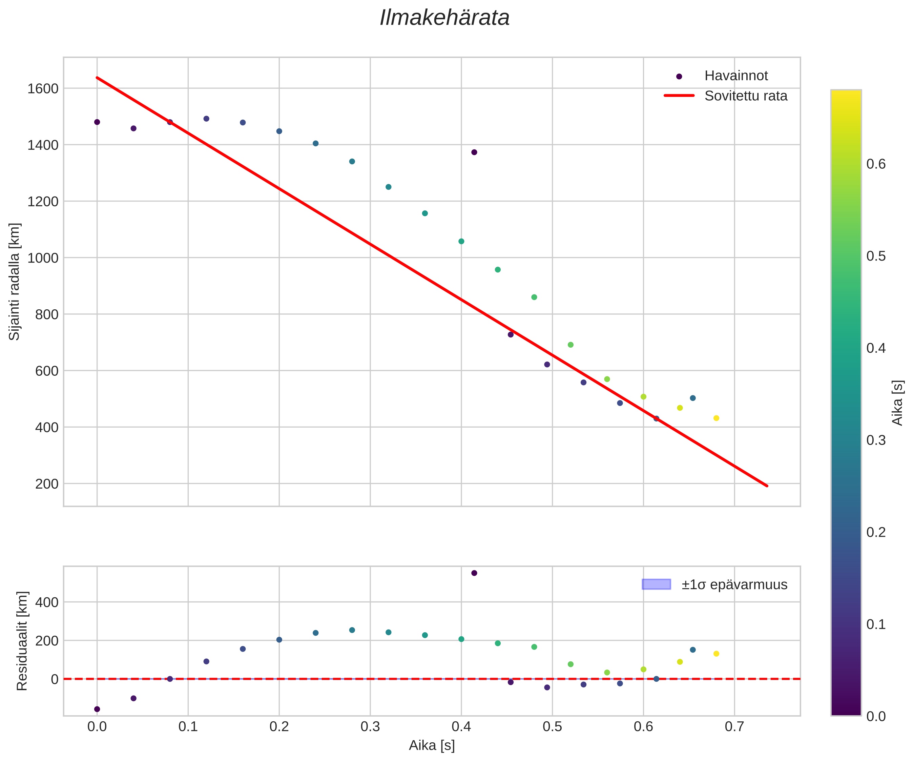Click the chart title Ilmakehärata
click(x=444, y=18)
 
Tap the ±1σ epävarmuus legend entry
click(x=734, y=584)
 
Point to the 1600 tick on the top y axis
click(x=43, y=89)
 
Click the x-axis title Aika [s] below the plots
click(x=431, y=745)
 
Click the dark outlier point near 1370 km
click(x=474, y=152)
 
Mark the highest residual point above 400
click(x=474, y=573)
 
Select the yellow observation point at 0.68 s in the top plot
click(x=716, y=418)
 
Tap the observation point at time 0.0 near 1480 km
click(x=97, y=122)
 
